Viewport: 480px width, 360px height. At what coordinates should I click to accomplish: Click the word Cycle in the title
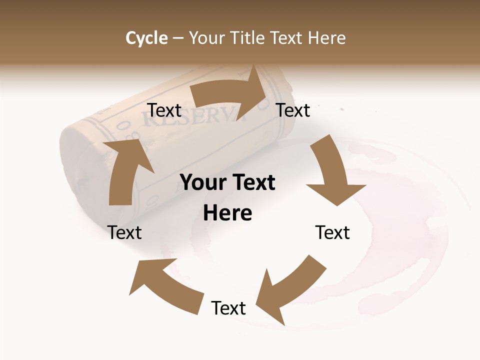pyautogui.click(x=146, y=38)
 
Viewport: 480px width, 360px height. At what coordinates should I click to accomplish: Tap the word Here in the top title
pyautogui.click(x=327, y=38)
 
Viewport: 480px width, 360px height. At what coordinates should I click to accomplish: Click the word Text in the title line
pyautogui.click(x=287, y=38)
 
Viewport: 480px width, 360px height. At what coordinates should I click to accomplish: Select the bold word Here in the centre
pyautogui.click(x=227, y=213)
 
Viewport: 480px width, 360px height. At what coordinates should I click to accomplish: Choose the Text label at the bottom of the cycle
pyautogui.click(x=228, y=308)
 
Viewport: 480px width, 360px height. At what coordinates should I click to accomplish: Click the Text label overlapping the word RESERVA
pyautogui.click(x=164, y=110)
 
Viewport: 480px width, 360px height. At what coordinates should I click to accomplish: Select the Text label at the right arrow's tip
pyautogui.click(x=293, y=110)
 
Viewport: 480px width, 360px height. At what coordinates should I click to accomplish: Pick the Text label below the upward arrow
pyautogui.click(x=125, y=232)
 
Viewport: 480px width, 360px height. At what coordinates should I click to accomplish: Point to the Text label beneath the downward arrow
pyautogui.click(x=332, y=232)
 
